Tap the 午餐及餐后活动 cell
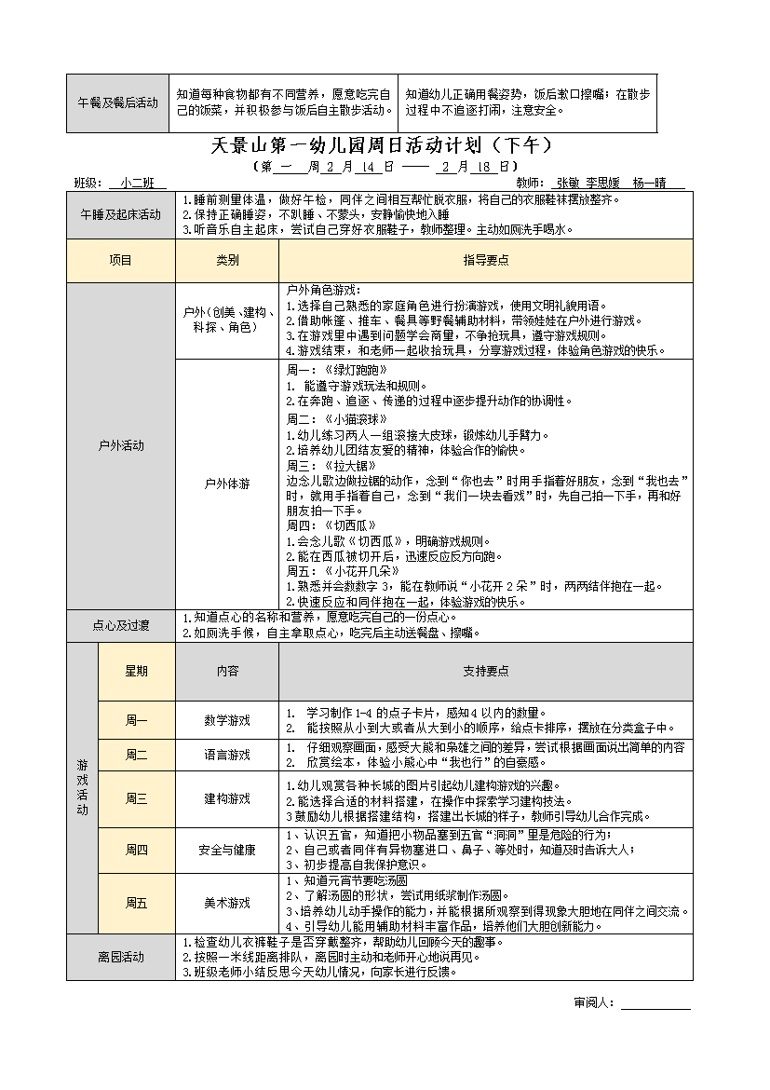click(x=117, y=102)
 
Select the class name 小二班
click(x=137, y=184)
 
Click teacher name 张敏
click(x=571, y=184)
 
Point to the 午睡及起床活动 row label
click(x=121, y=214)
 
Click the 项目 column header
click(x=121, y=261)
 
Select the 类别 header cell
click(x=227, y=261)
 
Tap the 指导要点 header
click(x=485, y=261)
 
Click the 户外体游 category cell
click(x=227, y=484)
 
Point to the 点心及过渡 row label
click(x=121, y=624)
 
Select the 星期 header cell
click(x=136, y=671)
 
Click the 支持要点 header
click(x=485, y=671)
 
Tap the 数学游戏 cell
click(x=227, y=720)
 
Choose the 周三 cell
click(x=136, y=798)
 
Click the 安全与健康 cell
click(x=227, y=850)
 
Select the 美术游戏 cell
click(x=227, y=903)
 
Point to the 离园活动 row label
click(x=121, y=957)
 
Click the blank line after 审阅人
click(x=655, y=1003)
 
